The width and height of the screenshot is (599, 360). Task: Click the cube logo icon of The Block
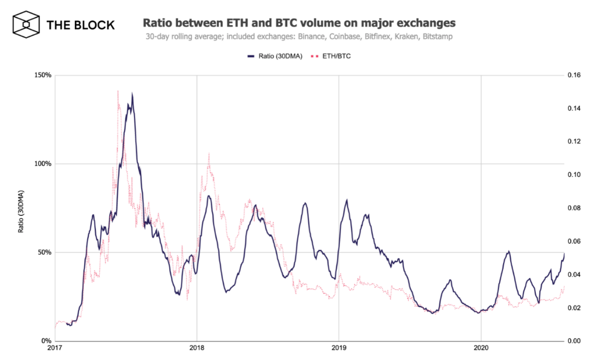coord(26,25)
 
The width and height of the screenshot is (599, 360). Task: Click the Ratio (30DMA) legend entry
coord(275,56)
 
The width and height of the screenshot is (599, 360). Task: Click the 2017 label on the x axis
coord(55,351)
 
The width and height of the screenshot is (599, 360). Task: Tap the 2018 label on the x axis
coord(197,351)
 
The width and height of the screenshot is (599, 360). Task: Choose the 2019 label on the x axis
coord(339,351)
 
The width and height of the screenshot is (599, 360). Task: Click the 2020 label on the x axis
coord(481,351)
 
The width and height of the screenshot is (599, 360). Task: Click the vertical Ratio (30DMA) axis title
coord(21,211)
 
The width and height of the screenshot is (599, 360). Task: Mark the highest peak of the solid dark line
coord(132,94)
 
